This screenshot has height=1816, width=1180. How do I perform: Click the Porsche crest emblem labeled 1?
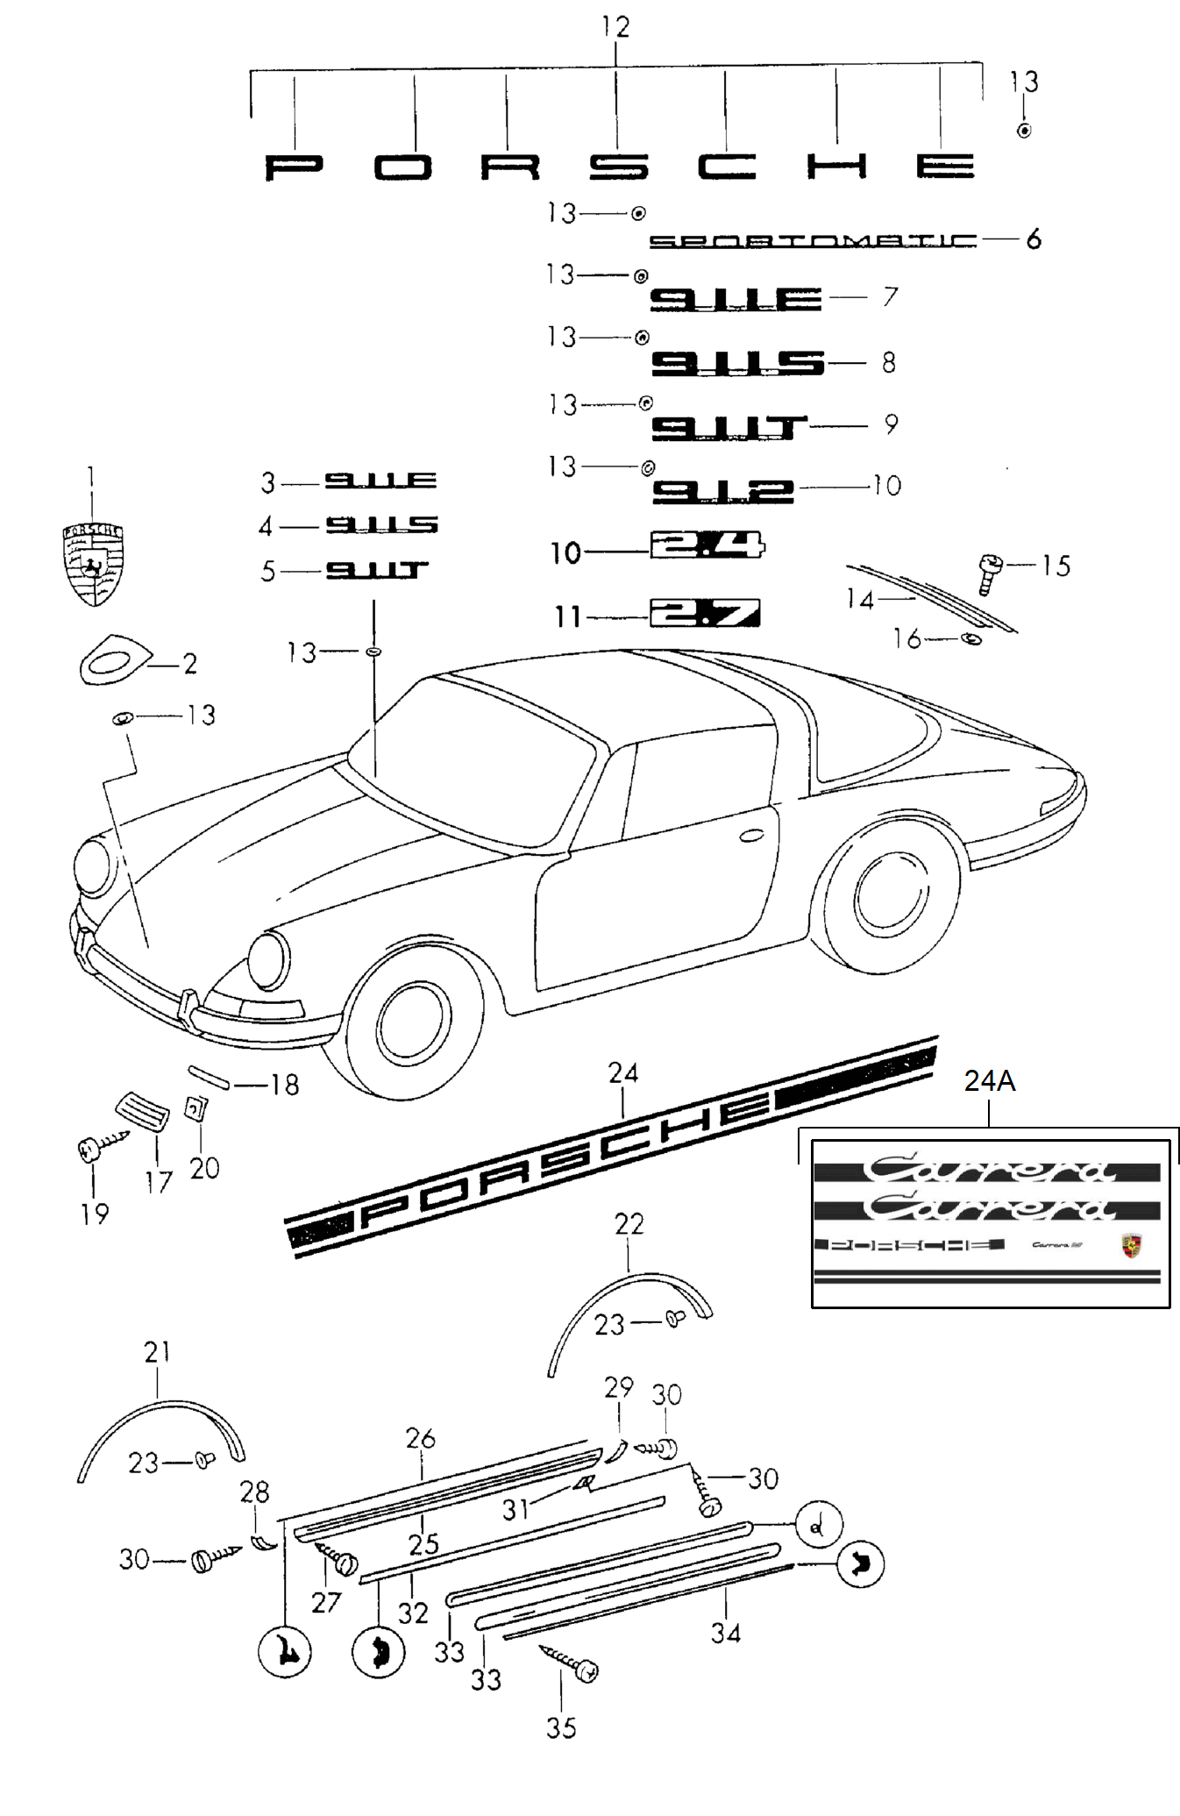92,564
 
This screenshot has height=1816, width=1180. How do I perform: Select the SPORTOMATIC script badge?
812,240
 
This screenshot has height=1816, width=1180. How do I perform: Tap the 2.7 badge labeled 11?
705,613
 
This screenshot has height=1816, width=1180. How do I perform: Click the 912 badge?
722,490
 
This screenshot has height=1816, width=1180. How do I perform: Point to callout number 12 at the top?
615,27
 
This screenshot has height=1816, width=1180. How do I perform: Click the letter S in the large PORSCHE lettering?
618,167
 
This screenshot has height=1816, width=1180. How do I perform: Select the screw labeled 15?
991,573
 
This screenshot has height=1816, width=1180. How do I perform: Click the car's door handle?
751,836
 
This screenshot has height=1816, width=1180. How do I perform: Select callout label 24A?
990,1081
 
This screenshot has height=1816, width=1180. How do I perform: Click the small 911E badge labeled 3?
380,481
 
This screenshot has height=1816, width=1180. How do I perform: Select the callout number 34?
726,1633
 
